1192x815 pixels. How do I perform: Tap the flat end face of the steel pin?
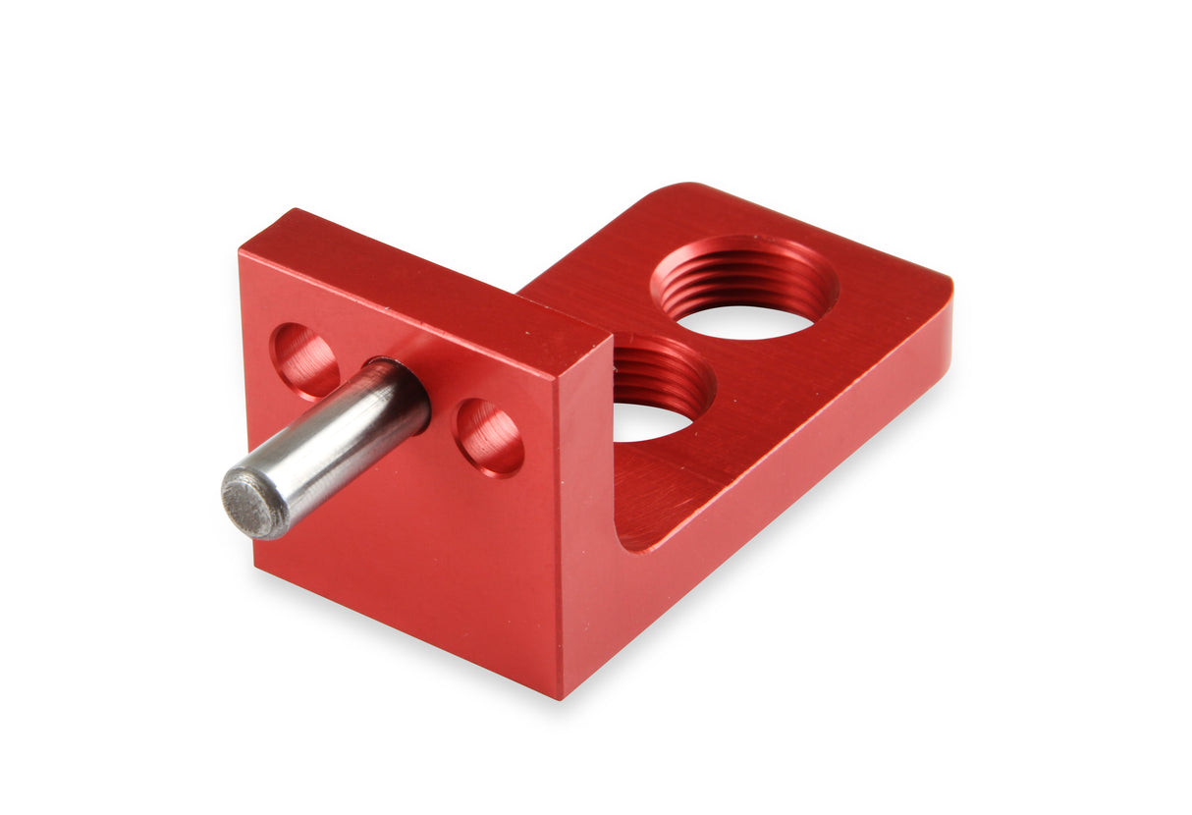click(251, 505)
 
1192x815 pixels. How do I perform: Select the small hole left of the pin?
click(305, 360)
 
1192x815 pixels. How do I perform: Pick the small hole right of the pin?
click(488, 437)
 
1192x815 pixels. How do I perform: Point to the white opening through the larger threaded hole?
click(743, 321)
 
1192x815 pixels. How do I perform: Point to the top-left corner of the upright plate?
click(242, 253)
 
